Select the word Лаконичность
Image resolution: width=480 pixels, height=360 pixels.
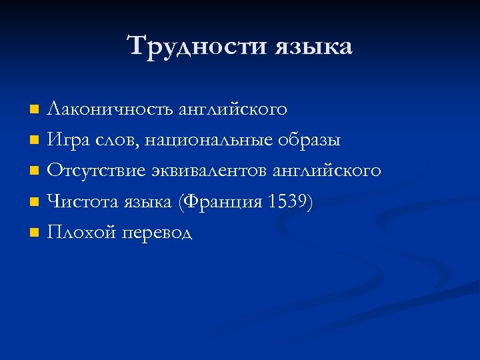tap(110, 109)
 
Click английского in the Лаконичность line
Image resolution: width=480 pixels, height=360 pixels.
tap(233, 109)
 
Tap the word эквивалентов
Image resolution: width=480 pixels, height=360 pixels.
tap(210, 171)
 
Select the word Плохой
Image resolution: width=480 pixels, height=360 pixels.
tap(79, 232)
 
